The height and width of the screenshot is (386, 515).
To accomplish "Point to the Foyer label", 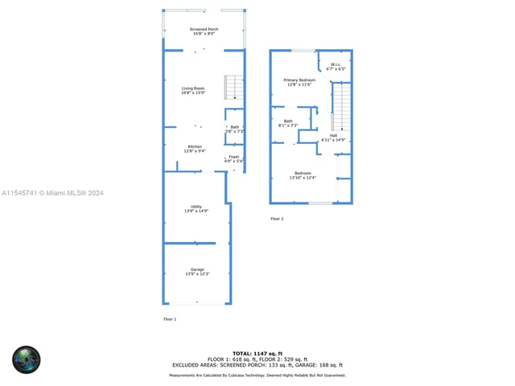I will (x=233, y=158).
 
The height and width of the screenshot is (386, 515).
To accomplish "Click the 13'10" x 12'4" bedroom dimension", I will (x=303, y=178).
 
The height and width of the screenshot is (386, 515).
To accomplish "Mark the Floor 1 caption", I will (x=170, y=319).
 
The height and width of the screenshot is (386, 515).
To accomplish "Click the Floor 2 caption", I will (x=277, y=219).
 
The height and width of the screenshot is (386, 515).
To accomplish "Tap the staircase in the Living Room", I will (x=233, y=86).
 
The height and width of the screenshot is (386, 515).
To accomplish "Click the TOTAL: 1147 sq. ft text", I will (x=257, y=353).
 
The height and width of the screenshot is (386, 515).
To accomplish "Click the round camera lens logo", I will (x=26, y=359).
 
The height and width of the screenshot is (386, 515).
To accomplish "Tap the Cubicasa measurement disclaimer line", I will (x=257, y=375).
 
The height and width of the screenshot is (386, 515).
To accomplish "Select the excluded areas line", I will (x=257, y=365).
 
